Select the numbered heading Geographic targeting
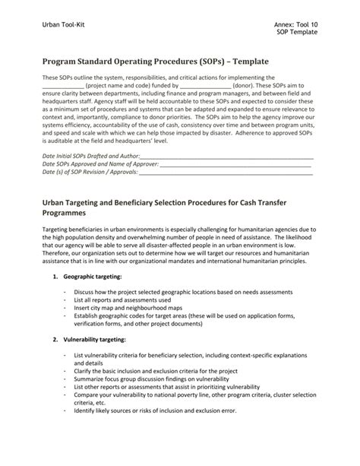(93, 297)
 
